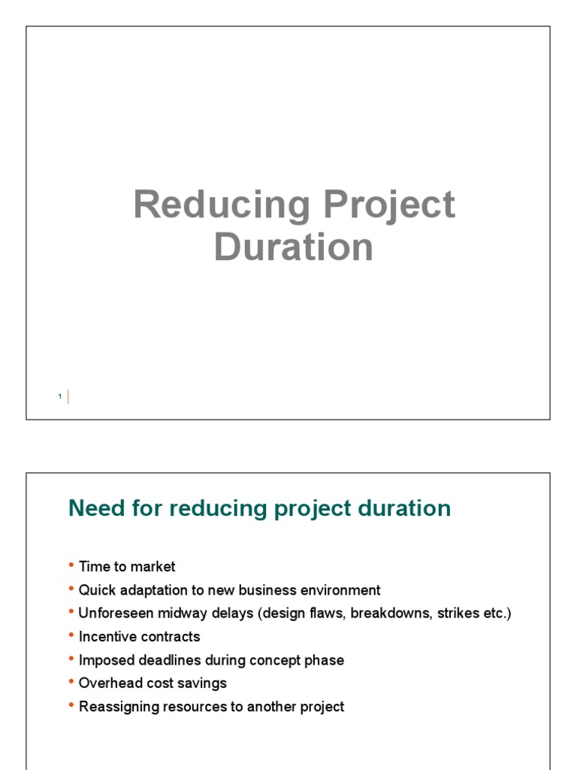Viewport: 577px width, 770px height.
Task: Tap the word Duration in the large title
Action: click(293, 247)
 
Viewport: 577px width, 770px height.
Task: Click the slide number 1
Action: click(59, 397)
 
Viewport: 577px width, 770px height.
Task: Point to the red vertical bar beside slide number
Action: click(68, 396)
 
